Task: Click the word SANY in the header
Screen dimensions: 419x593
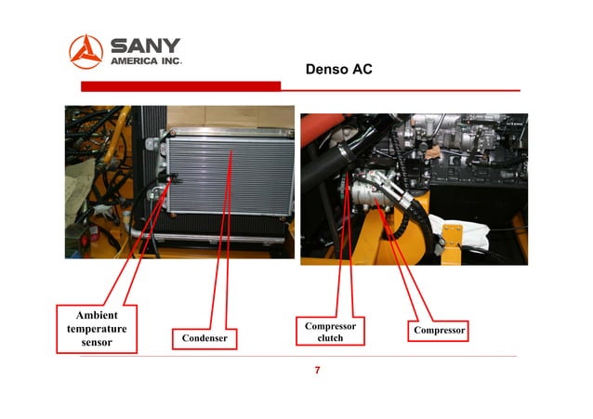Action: point(146,46)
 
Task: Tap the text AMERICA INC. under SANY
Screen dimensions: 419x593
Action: point(146,62)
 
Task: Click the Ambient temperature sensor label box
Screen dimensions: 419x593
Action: point(97,329)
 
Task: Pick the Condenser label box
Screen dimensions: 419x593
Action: point(204,338)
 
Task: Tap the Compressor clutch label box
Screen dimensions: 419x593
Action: point(330,332)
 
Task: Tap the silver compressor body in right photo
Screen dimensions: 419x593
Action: point(366,196)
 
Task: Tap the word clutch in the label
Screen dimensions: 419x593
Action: point(330,338)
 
